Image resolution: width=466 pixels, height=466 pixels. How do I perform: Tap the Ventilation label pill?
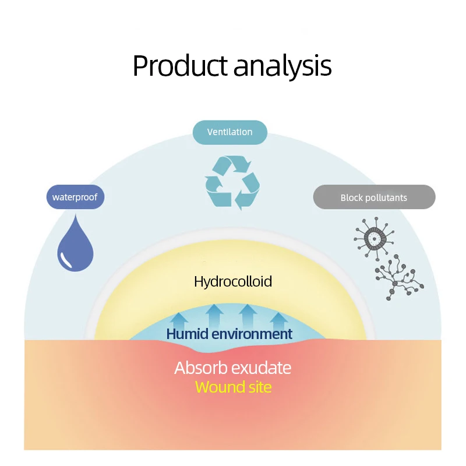[230, 132]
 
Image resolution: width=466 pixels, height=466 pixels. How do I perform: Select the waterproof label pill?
[75, 197]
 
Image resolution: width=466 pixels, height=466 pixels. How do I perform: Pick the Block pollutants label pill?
[374, 197]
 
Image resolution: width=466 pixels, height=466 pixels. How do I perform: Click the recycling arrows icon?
[232, 182]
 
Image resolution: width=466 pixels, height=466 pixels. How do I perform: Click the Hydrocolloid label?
[233, 282]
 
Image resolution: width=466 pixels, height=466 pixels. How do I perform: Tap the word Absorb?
[199, 368]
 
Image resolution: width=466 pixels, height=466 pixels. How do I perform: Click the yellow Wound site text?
[233, 387]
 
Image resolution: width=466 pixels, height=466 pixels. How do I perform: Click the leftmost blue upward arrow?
[179, 320]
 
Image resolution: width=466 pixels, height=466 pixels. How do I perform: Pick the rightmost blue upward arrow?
[279, 320]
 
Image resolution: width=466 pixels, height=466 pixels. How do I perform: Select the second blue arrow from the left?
[214, 315]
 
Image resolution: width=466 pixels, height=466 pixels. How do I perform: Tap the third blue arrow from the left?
[248, 315]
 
